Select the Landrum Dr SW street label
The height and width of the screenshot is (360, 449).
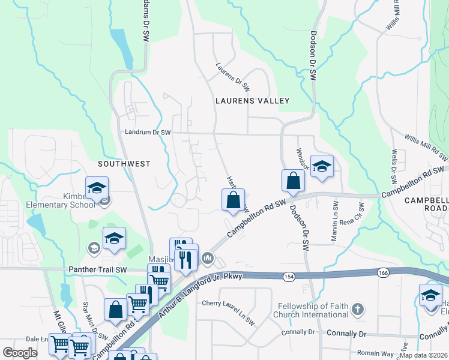pos(148,132)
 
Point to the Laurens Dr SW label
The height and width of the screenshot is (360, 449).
pos(233,77)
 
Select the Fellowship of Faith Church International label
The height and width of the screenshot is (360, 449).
pos(310,310)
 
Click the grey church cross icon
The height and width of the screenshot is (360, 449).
pos(357,310)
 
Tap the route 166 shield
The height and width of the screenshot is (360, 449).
pos(382,272)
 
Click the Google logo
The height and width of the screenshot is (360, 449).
pos(20,353)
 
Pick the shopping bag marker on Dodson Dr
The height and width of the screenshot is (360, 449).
pos(292,181)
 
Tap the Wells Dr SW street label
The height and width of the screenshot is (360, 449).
pos(394,167)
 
